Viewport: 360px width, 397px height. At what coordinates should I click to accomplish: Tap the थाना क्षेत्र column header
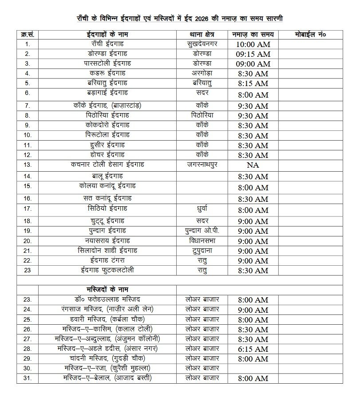[x=202, y=34]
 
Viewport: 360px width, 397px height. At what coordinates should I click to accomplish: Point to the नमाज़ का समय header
[x=253, y=34]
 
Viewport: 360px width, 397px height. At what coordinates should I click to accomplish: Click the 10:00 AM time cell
[x=253, y=44]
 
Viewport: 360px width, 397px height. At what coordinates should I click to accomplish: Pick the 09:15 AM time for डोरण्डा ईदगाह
[x=253, y=54]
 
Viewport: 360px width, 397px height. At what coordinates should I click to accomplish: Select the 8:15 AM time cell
[x=253, y=83]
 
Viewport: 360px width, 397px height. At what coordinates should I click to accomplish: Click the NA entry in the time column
[x=253, y=165]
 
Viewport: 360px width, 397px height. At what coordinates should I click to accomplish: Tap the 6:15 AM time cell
[x=253, y=349]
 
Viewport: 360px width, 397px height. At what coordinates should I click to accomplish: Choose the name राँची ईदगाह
[x=107, y=44]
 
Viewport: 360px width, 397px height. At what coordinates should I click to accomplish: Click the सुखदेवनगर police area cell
[x=202, y=44]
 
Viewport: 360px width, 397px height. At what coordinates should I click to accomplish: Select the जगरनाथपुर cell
[x=202, y=165]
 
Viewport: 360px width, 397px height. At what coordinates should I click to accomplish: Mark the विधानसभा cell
[x=202, y=241]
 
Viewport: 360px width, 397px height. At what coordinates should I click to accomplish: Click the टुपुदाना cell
[x=202, y=251]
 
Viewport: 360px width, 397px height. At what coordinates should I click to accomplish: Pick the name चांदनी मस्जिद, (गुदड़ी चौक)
[x=107, y=358]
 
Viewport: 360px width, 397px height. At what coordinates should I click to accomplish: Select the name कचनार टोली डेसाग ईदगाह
[x=107, y=165]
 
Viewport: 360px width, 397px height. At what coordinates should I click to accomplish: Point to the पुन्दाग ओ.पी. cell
[x=202, y=231]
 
